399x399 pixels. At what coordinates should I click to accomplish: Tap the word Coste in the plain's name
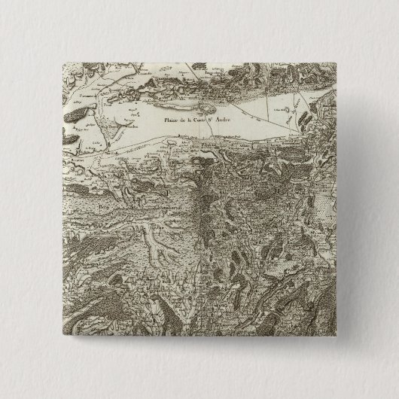coord(208,118)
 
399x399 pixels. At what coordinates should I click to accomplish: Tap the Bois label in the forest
coord(105,203)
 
